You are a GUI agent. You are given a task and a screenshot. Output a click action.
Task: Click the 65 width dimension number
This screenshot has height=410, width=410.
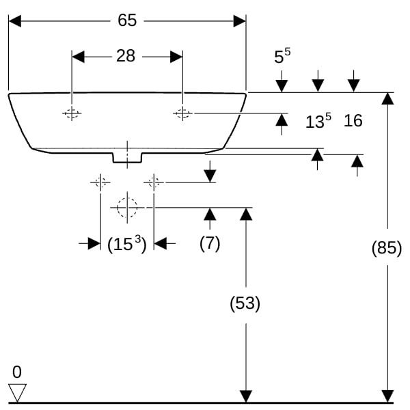(x=127, y=20)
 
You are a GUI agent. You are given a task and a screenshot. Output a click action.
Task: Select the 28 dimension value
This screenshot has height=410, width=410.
(x=126, y=56)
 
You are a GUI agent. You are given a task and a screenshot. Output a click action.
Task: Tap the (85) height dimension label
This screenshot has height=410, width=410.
(x=387, y=248)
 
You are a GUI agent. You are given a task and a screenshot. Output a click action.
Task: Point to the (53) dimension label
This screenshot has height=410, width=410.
(x=245, y=303)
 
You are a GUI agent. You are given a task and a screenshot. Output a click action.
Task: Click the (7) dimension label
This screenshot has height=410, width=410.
(x=210, y=243)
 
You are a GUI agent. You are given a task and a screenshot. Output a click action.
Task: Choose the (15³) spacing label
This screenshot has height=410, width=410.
(x=127, y=243)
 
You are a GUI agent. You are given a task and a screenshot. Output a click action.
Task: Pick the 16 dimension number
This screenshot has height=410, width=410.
(x=353, y=121)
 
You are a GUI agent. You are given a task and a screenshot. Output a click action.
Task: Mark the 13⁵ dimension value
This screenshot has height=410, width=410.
(x=318, y=122)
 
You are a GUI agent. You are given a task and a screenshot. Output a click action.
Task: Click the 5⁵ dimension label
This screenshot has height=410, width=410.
(x=282, y=57)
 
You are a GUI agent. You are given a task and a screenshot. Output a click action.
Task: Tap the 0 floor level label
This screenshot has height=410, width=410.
(x=17, y=372)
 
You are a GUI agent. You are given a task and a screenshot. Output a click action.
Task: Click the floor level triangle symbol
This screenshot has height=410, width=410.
(x=17, y=392)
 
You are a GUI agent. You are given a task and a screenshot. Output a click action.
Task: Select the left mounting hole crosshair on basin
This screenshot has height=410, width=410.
(x=72, y=113)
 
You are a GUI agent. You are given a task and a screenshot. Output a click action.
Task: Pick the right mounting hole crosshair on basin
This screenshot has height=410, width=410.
(x=182, y=113)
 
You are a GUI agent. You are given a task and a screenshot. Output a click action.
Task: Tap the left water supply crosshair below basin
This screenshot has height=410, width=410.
(x=100, y=182)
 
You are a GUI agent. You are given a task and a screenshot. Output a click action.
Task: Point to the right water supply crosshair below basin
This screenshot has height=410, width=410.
(x=154, y=182)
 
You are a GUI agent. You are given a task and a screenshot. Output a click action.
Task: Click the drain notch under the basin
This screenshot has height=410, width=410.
(x=127, y=158)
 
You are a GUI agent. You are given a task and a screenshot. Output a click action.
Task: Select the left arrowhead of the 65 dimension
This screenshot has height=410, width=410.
(x=15, y=21)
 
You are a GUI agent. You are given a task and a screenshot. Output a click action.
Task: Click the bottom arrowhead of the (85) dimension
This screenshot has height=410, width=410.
(x=387, y=396)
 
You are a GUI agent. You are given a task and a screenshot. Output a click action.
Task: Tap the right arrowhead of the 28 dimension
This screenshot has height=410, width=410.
(x=176, y=57)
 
